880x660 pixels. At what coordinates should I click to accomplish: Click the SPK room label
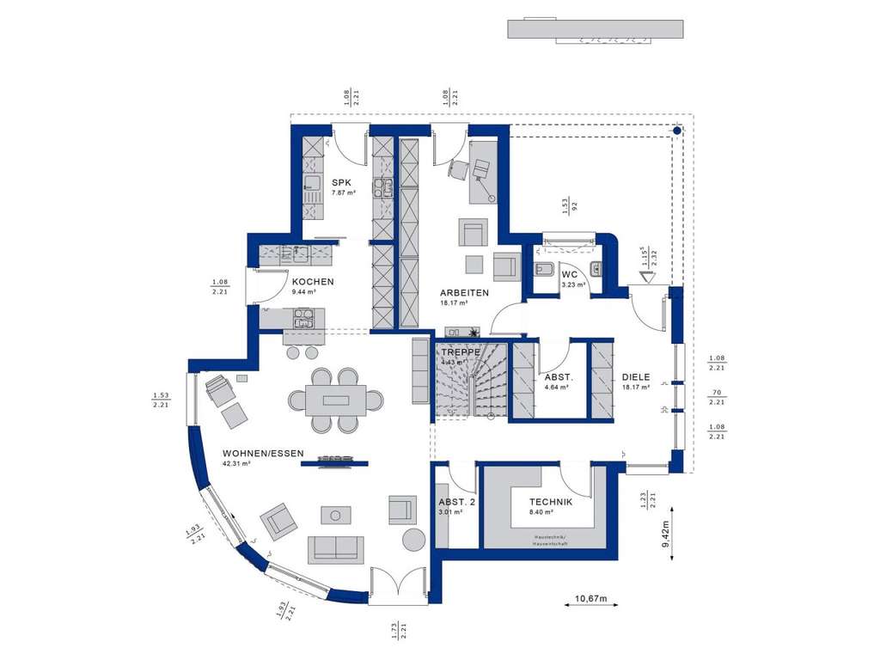343,182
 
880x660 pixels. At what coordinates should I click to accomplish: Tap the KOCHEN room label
312,282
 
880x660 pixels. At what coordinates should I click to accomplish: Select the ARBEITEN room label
466,293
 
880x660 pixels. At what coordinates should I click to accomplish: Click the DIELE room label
637,376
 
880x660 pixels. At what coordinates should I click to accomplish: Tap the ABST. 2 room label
455,503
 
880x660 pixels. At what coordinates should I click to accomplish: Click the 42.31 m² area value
235,464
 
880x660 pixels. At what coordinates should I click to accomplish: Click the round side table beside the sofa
414,540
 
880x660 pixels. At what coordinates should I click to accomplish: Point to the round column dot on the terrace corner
677,131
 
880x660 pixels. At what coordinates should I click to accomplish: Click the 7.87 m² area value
344,192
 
